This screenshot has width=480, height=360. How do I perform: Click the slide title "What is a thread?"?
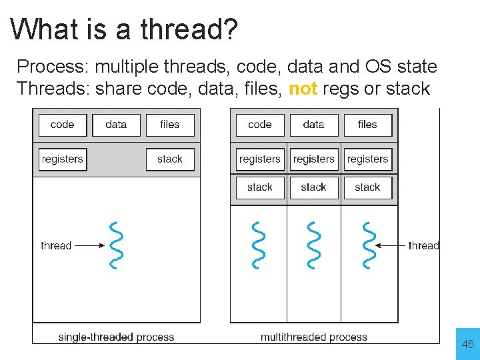pos(124,29)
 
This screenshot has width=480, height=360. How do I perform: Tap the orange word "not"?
pos(303,89)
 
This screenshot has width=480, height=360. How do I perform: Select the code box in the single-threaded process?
pos(62,125)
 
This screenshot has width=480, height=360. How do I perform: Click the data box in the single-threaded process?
pos(116,125)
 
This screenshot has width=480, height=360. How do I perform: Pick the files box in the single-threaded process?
pos(170,125)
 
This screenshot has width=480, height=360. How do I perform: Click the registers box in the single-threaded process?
pos(63,159)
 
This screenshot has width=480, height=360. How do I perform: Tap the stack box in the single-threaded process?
pos(170,159)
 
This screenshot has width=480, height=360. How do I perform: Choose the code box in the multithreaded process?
pos(260,125)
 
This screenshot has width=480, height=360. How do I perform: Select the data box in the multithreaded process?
pos(313,125)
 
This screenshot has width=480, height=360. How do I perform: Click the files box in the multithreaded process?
pos(367,125)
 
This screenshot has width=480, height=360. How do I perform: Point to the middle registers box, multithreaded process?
pos(313,159)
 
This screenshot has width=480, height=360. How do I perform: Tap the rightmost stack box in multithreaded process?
pos(367,187)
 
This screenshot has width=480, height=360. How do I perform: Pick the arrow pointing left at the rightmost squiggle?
pos(391,245)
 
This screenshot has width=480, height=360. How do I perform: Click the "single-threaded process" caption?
pos(116,337)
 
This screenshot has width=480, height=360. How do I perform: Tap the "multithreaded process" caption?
pos(313,337)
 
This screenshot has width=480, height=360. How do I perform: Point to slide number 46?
pos(467,344)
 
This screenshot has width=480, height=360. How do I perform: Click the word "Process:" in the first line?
pos(53,67)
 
